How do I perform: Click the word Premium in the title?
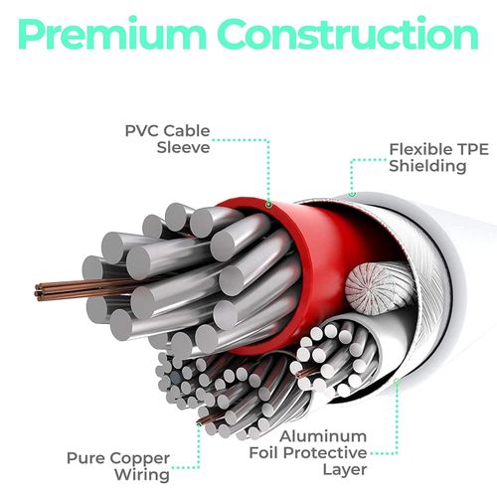pyautogui.click(x=111, y=34)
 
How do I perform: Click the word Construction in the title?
pyautogui.click(x=348, y=33)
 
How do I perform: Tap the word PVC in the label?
pyautogui.click(x=141, y=131)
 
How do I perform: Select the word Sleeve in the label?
pyautogui.click(x=183, y=148)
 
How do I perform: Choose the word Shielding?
pyautogui.click(x=427, y=166)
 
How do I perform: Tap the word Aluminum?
pyautogui.click(x=323, y=436)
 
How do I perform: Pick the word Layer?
pyautogui.click(x=345, y=470)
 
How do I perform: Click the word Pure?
pyautogui.click(x=85, y=458)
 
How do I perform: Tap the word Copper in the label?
pyautogui.click(x=139, y=460)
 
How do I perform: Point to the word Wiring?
pyautogui.click(x=142, y=476)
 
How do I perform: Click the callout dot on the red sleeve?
pyautogui.click(x=268, y=205)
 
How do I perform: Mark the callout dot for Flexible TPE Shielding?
pyautogui.click(x=353, y=194)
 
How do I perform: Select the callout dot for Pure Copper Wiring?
pyautogui.click(x=199, y=423)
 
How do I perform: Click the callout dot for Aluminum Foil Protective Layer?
pyautogui.click(x=397, y=381)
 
